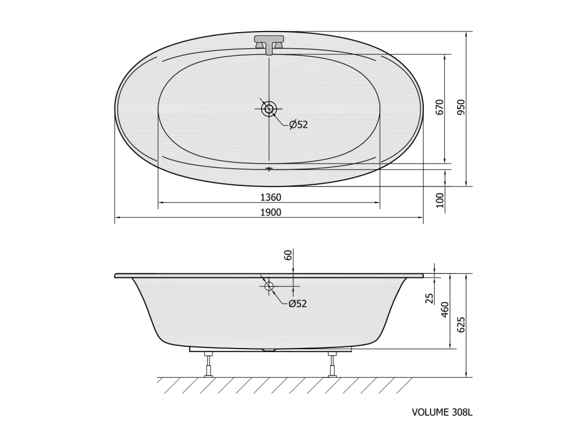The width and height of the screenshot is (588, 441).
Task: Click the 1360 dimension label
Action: tap(270, 198)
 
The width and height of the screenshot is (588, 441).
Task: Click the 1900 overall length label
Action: tap(270, 212)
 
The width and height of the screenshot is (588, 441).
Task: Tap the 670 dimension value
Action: tap(439, 107)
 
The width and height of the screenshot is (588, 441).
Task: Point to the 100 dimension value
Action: tap(439, 200)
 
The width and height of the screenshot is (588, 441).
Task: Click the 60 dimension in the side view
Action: tap(288, 256)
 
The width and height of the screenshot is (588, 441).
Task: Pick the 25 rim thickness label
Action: tap(430, 298)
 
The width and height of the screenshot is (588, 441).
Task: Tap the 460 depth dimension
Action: tap(445, 310)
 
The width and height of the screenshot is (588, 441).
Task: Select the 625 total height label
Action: tap(461, 325)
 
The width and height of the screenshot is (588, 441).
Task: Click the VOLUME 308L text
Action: tap(442, 412)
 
